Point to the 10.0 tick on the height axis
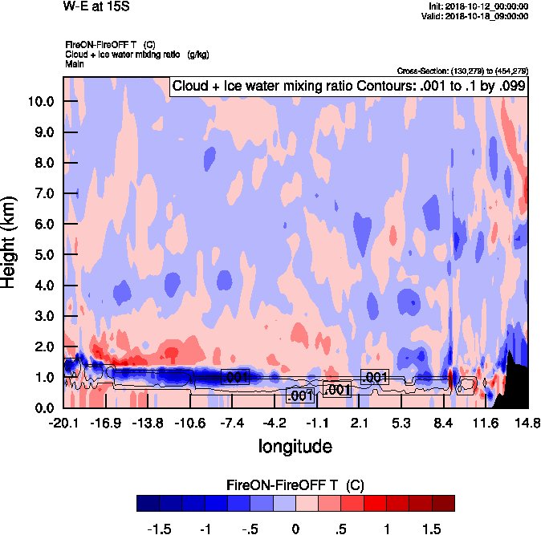[x=40, y=102]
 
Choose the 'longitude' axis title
[x=295, y=445]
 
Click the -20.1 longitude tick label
[x=63, y=423]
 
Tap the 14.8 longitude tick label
[x=527, y=423]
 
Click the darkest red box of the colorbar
[x=443, y=503]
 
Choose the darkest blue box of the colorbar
[x=148, y=503]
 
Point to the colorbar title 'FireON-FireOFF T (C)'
[x=295, y=484]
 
